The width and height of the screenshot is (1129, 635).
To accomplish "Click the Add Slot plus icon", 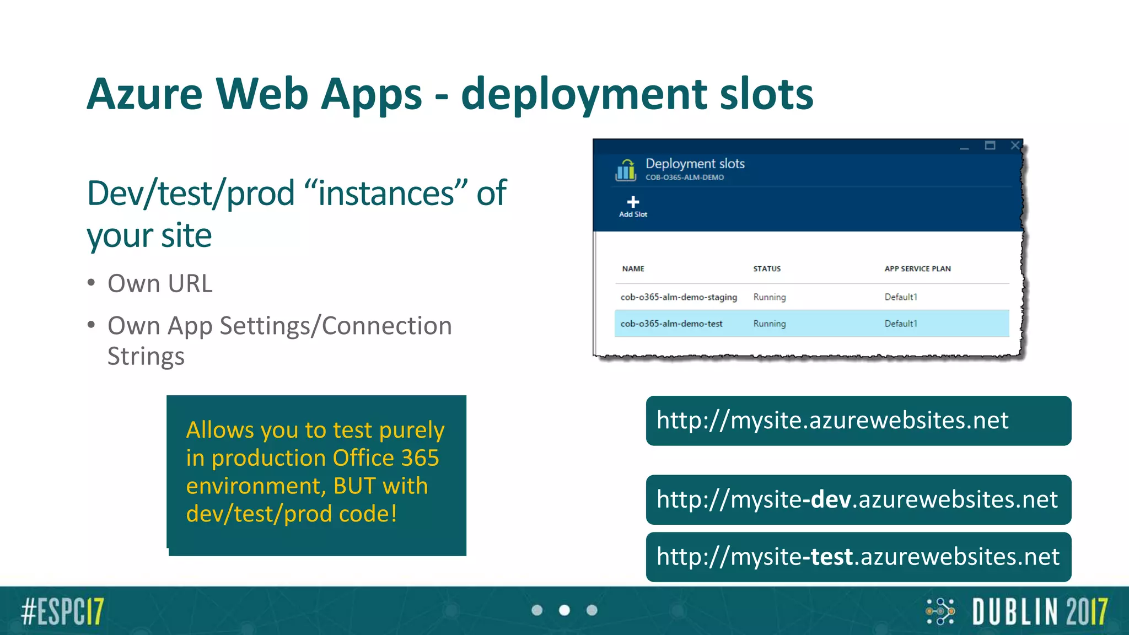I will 633,202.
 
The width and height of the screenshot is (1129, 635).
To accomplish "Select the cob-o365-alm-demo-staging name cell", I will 678,297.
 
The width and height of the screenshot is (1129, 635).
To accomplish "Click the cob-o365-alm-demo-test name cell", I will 671,324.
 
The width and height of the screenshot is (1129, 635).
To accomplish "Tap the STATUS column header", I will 767,269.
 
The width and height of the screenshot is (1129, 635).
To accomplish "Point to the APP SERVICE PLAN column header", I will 917,269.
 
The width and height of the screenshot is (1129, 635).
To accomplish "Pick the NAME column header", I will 633,269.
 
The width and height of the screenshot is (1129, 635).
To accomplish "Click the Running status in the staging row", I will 770,297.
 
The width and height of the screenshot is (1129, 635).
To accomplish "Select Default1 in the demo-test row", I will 901,324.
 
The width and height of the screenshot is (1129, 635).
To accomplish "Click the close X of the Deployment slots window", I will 1015,146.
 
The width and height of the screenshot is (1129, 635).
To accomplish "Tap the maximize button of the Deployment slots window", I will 990,146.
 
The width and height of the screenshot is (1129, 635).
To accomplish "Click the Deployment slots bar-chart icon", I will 626,170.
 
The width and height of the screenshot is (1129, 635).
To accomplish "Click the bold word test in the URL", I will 832,557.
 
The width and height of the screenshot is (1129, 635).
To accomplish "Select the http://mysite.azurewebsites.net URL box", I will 858,421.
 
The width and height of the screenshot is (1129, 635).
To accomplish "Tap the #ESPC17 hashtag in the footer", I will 62,611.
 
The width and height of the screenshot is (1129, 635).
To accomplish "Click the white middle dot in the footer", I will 564,610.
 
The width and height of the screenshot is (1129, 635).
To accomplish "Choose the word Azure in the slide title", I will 144,94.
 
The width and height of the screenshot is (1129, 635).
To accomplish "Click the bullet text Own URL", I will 160,283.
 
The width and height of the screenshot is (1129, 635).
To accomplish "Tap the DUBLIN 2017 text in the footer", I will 1040,611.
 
